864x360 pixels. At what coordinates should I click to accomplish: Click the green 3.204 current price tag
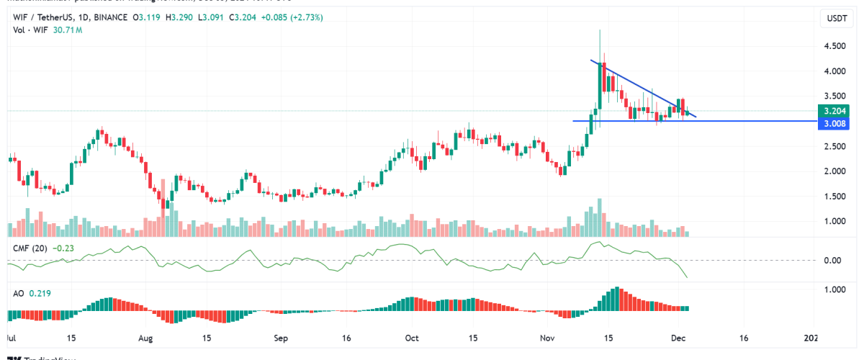tap(833, 112)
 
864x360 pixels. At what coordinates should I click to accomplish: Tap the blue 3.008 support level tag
tap(833, 124)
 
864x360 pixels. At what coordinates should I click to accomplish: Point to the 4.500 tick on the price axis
tap(835, 46)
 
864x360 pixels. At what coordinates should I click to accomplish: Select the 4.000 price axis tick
tap(835, 71)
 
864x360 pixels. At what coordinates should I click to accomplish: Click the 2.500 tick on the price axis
tap(835, 146)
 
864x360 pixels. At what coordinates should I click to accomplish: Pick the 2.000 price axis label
tap(835, 171)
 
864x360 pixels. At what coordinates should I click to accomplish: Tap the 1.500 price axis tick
tap(835, 197)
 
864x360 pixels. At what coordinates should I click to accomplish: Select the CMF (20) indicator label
tap(31, 248)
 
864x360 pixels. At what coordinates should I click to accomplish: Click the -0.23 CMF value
tap(66, 248)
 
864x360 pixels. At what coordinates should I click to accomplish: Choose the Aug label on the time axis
tap(146, 337)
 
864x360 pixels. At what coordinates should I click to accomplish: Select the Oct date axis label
tap(412, 337)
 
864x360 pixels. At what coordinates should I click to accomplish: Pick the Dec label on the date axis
tap(678, 337)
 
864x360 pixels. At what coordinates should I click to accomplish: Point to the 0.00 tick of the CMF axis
tap(833, 260)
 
